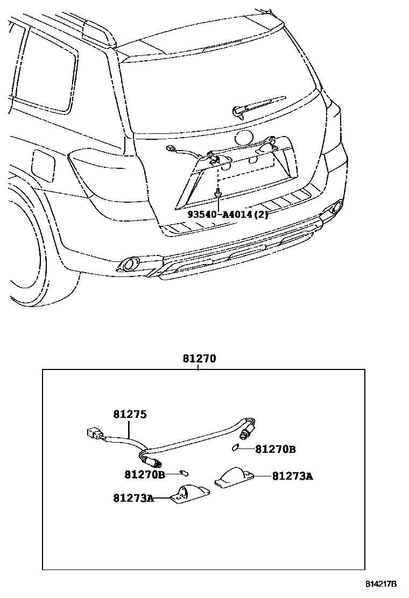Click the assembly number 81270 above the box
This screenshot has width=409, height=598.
point(199,359)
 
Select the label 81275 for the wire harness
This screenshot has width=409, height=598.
point(130,415)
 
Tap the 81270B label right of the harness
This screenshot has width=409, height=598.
point(275,449)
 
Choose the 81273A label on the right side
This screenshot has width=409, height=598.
point(292,475)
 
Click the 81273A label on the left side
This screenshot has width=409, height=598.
point(133,498)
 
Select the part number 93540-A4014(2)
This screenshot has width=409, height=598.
point(228,214)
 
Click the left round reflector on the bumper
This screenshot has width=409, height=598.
point(129,264)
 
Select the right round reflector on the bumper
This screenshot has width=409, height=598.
point(336,206)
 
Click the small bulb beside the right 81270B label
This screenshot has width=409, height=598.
point(235,448)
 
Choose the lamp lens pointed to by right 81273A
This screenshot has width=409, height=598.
point(234,476)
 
